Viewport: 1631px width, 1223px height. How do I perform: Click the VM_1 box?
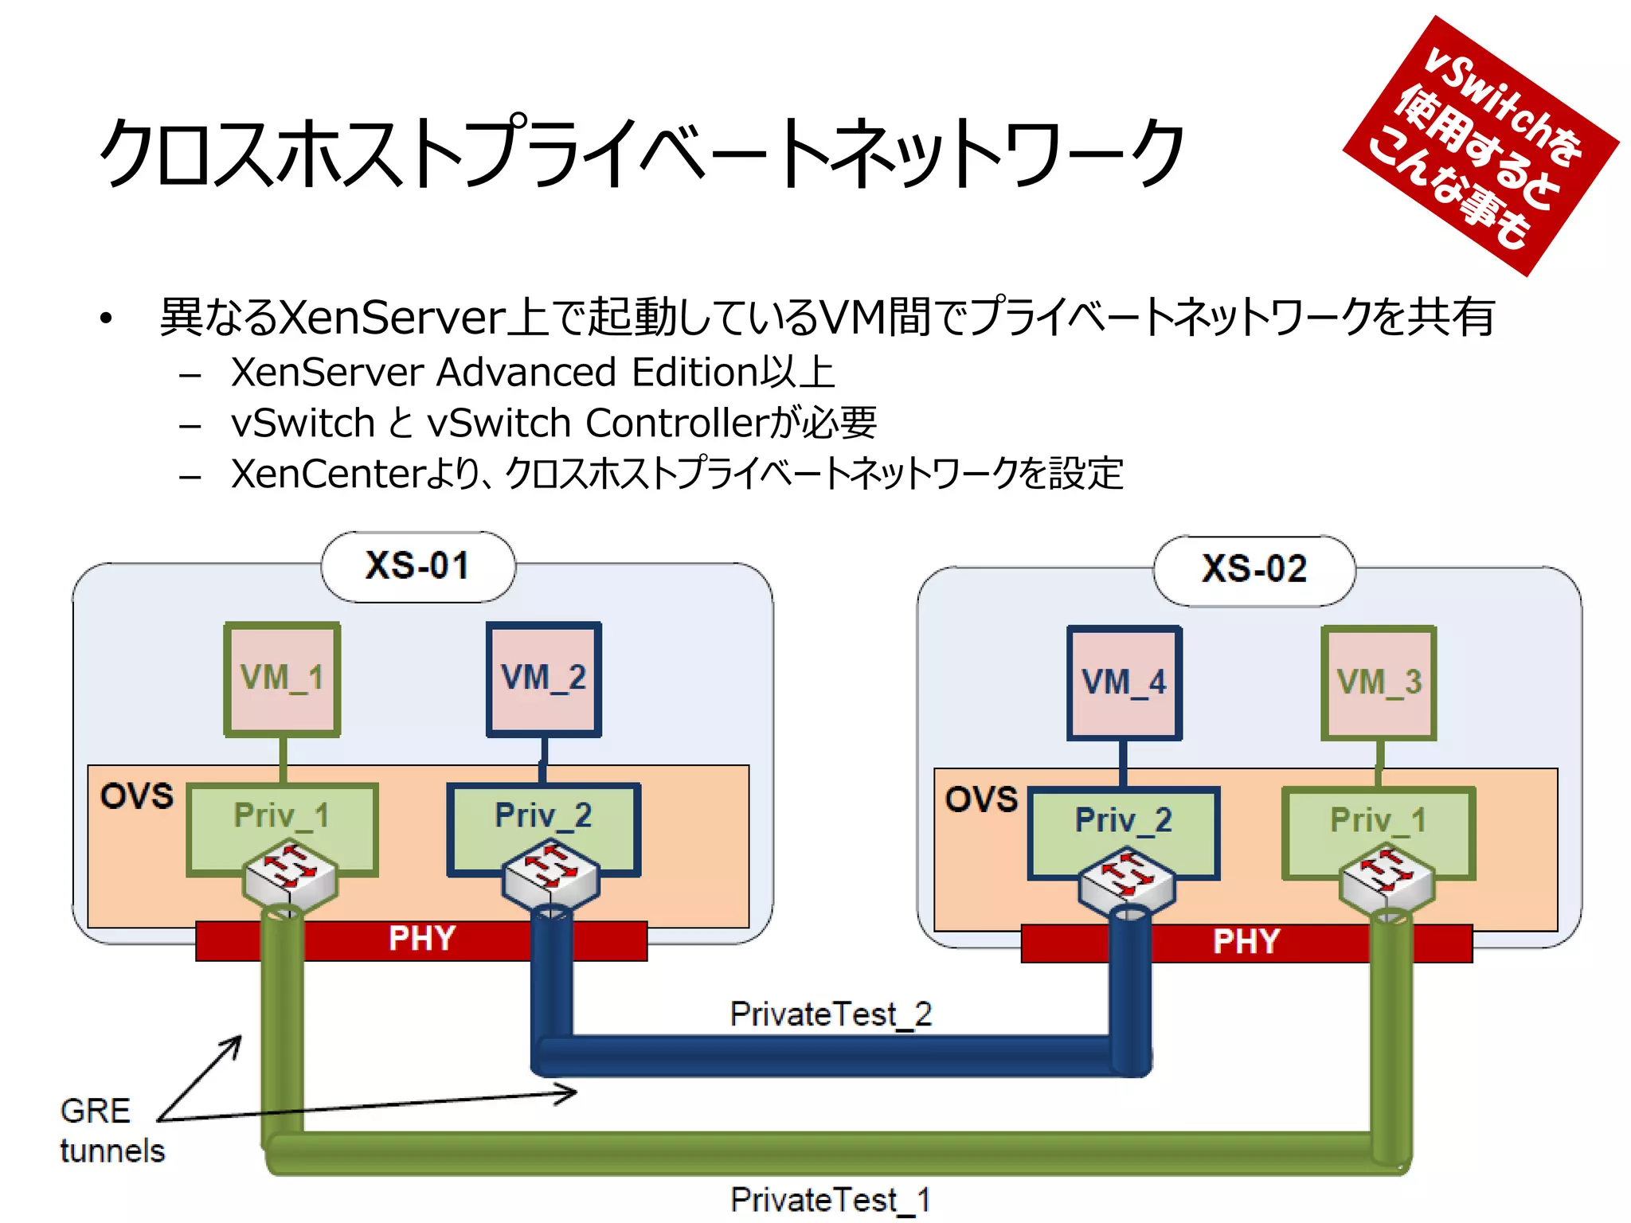(x=282, y=678)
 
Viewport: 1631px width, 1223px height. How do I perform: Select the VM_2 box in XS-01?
(x=544, y=678)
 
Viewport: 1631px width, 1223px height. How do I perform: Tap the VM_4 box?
(x=1124, y=682)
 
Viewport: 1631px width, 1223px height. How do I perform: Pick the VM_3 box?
(x=1379, y=682)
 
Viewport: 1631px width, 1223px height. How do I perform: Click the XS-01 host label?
(x=417, y=566)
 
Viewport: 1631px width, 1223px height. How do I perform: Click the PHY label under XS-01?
(x=421, y=940)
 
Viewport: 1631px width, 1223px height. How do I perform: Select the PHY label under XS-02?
(x=1246, y=943)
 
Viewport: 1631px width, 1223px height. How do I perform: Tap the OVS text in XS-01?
(x=136, y=796)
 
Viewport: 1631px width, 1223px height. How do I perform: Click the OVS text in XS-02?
(x=981, y=799)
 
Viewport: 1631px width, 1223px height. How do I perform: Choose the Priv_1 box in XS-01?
(x=282, y=816)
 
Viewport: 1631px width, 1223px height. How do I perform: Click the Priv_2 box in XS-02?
(x=1124, y=820)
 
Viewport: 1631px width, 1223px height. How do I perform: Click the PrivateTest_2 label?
(x=831, y=1014)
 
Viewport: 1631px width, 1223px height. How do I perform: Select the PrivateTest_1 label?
(x=831, y=1200)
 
